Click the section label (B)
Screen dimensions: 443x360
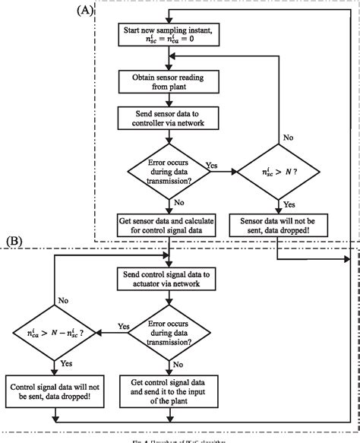pos(17,242)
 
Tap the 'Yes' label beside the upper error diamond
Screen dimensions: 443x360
pos(213,165)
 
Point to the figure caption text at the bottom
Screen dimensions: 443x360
pos(180,438)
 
